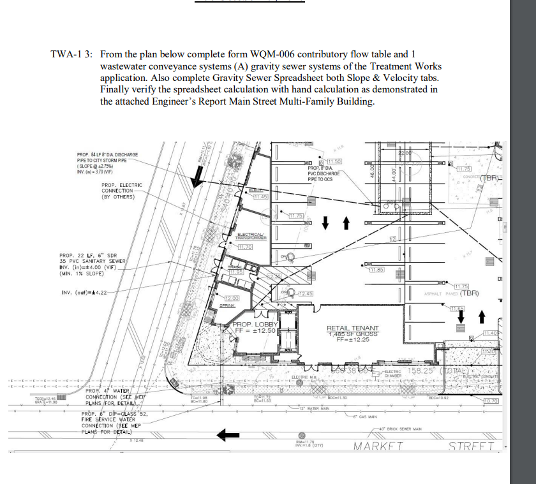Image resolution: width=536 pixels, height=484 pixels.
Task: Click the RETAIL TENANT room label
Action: point(353,328)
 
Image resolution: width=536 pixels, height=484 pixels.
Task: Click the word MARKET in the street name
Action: point(378,446)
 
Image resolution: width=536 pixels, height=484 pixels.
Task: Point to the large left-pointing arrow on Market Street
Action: point(228,436)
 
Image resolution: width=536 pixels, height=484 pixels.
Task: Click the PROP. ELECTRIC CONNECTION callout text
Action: point(121,191)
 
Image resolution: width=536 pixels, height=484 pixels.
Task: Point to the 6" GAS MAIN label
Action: point(366,416)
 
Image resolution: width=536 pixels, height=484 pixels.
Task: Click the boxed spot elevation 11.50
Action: point(335,161)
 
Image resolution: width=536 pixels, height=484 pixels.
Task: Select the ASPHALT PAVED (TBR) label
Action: point(450,294)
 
